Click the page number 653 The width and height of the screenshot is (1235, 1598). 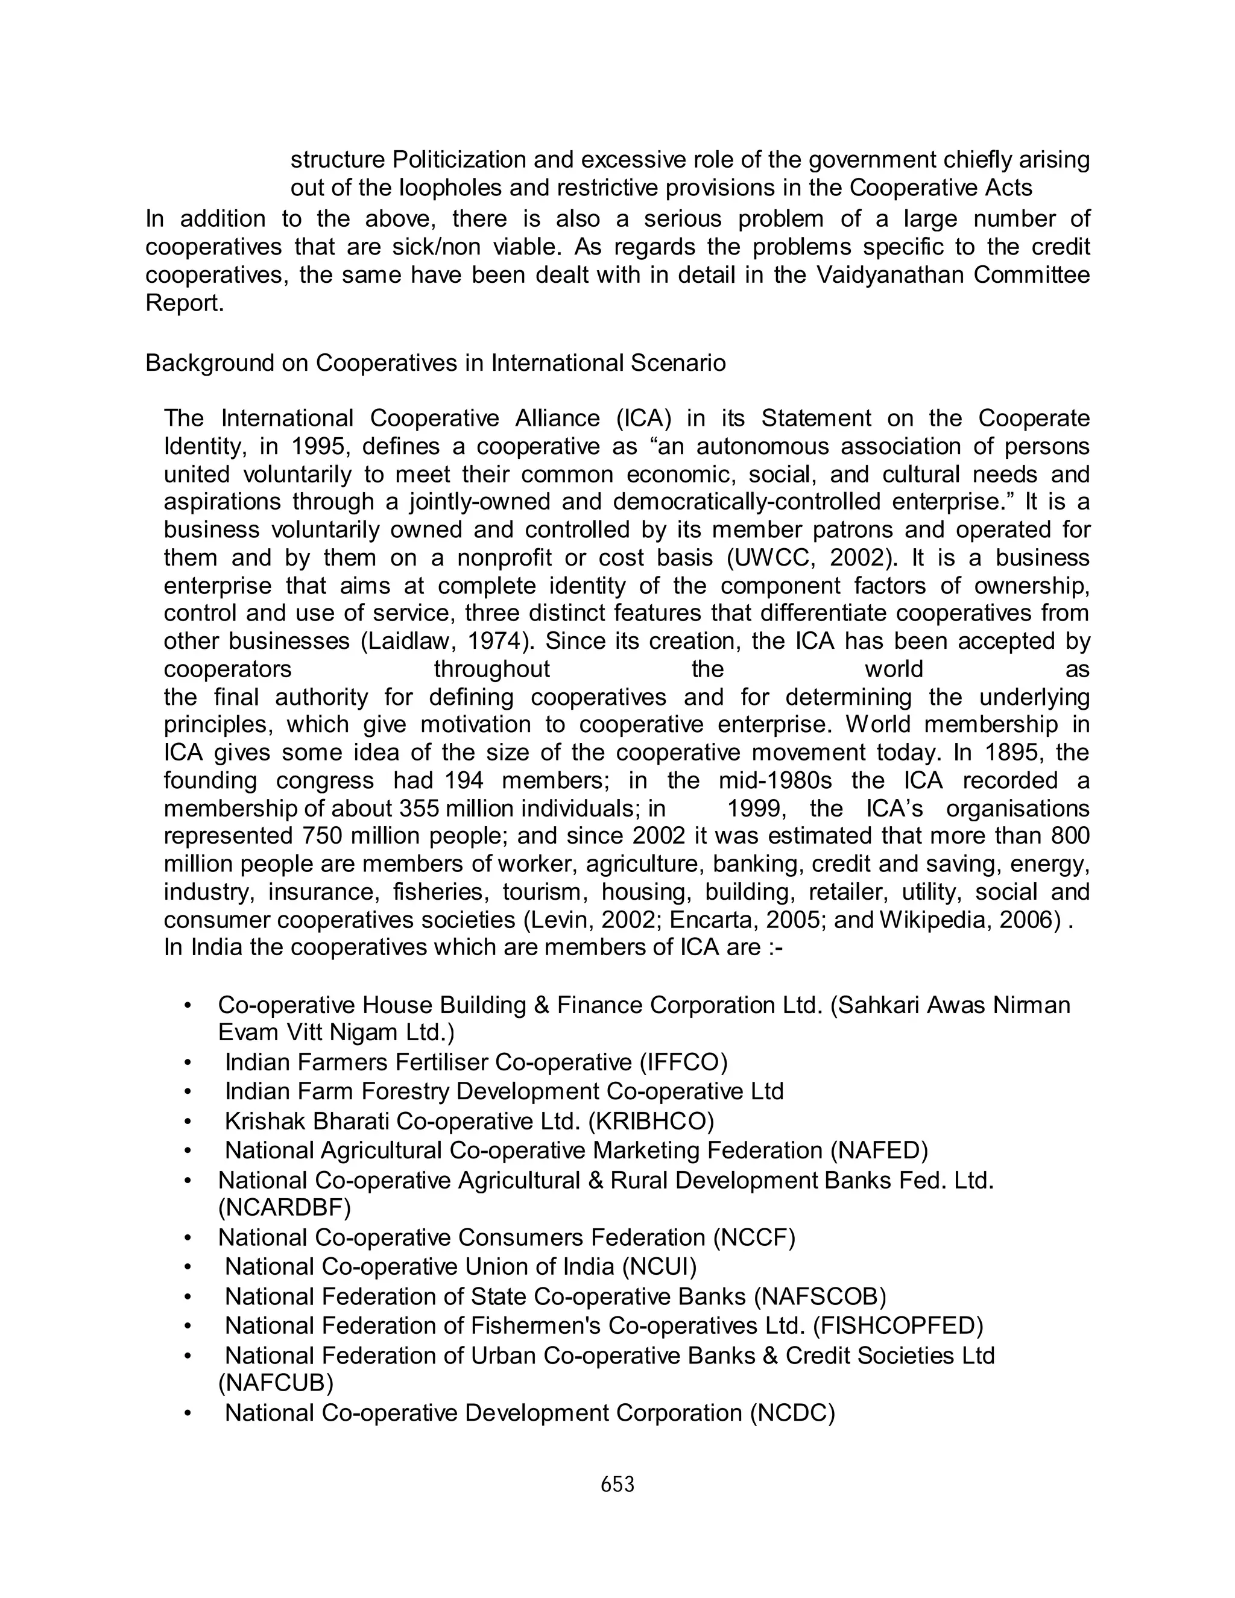pyautogui.click(x=617, y=1485)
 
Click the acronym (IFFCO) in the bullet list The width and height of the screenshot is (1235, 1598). pyautogui.click(x=683, y=1062)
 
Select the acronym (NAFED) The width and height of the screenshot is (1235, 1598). pyautogui.click(x=879, y=1150)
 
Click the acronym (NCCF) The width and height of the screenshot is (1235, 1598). pyautogui.click(x=754, y=1237)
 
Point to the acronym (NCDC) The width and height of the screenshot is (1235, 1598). pyautogui.click(x=792, y=1413)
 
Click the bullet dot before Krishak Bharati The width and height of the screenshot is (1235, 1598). pyautogui.click(x=188, y=1122)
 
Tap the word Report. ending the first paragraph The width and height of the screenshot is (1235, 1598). pyautogui.click(x=185, y=303)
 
